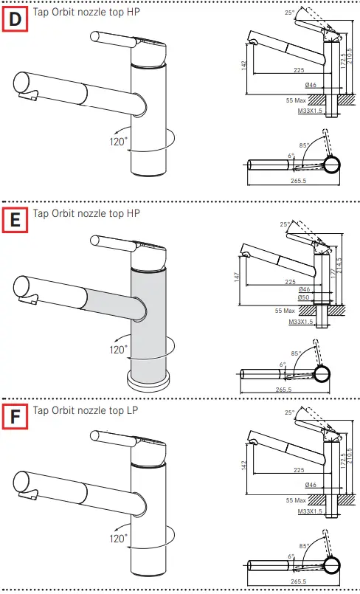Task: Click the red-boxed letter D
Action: click(x=15, y=19)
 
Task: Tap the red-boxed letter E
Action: click(x=15, y=219)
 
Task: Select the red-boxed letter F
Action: click(x=15, y=415)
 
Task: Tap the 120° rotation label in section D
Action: click(x=118, y=140)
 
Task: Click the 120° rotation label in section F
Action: click(x=118, y=538)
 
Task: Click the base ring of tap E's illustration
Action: click(x=150, y=381)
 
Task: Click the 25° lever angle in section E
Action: click(x=285, y=224)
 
